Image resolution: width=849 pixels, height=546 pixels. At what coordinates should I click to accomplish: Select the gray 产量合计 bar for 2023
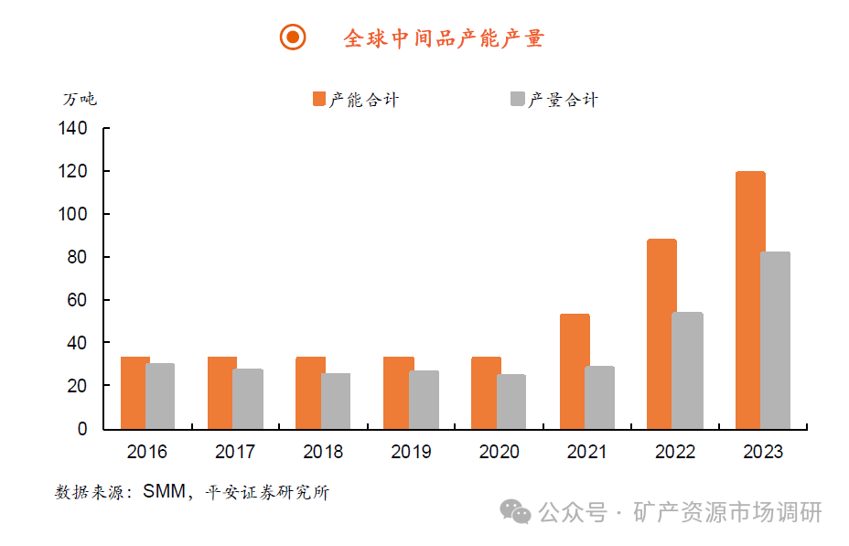[x=775, y=340]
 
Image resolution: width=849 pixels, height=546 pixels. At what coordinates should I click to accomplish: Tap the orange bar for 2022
[x=661, y=334]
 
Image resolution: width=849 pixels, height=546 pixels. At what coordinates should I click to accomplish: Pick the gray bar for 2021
[x=599, y=398]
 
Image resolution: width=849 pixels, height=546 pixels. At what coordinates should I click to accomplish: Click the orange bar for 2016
[x=134, y=392]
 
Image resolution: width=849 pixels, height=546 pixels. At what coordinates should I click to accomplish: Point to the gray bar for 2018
[x=336, y=401]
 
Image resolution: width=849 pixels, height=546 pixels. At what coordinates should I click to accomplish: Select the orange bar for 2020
[x=486, y=392]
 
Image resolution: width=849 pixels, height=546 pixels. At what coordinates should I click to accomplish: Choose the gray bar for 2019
[x=424, y=400]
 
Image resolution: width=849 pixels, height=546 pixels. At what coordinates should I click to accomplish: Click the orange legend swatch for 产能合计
[x=319, y=99]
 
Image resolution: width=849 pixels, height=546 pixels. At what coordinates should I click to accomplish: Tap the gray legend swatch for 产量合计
[x=518, y=99]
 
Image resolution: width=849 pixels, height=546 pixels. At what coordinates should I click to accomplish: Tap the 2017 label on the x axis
[x=235, y=452]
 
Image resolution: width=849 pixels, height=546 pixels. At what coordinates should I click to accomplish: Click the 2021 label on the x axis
[x=586, y=452]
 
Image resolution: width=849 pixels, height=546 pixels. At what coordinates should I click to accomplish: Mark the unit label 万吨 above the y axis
[x=80, y=99]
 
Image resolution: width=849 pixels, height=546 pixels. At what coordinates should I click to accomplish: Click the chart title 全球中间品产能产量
[x=444, y=37]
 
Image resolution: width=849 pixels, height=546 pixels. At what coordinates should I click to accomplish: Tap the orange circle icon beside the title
[x=293, y=37]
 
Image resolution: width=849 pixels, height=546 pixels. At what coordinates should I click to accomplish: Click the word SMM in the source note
[x=163, y=492]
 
